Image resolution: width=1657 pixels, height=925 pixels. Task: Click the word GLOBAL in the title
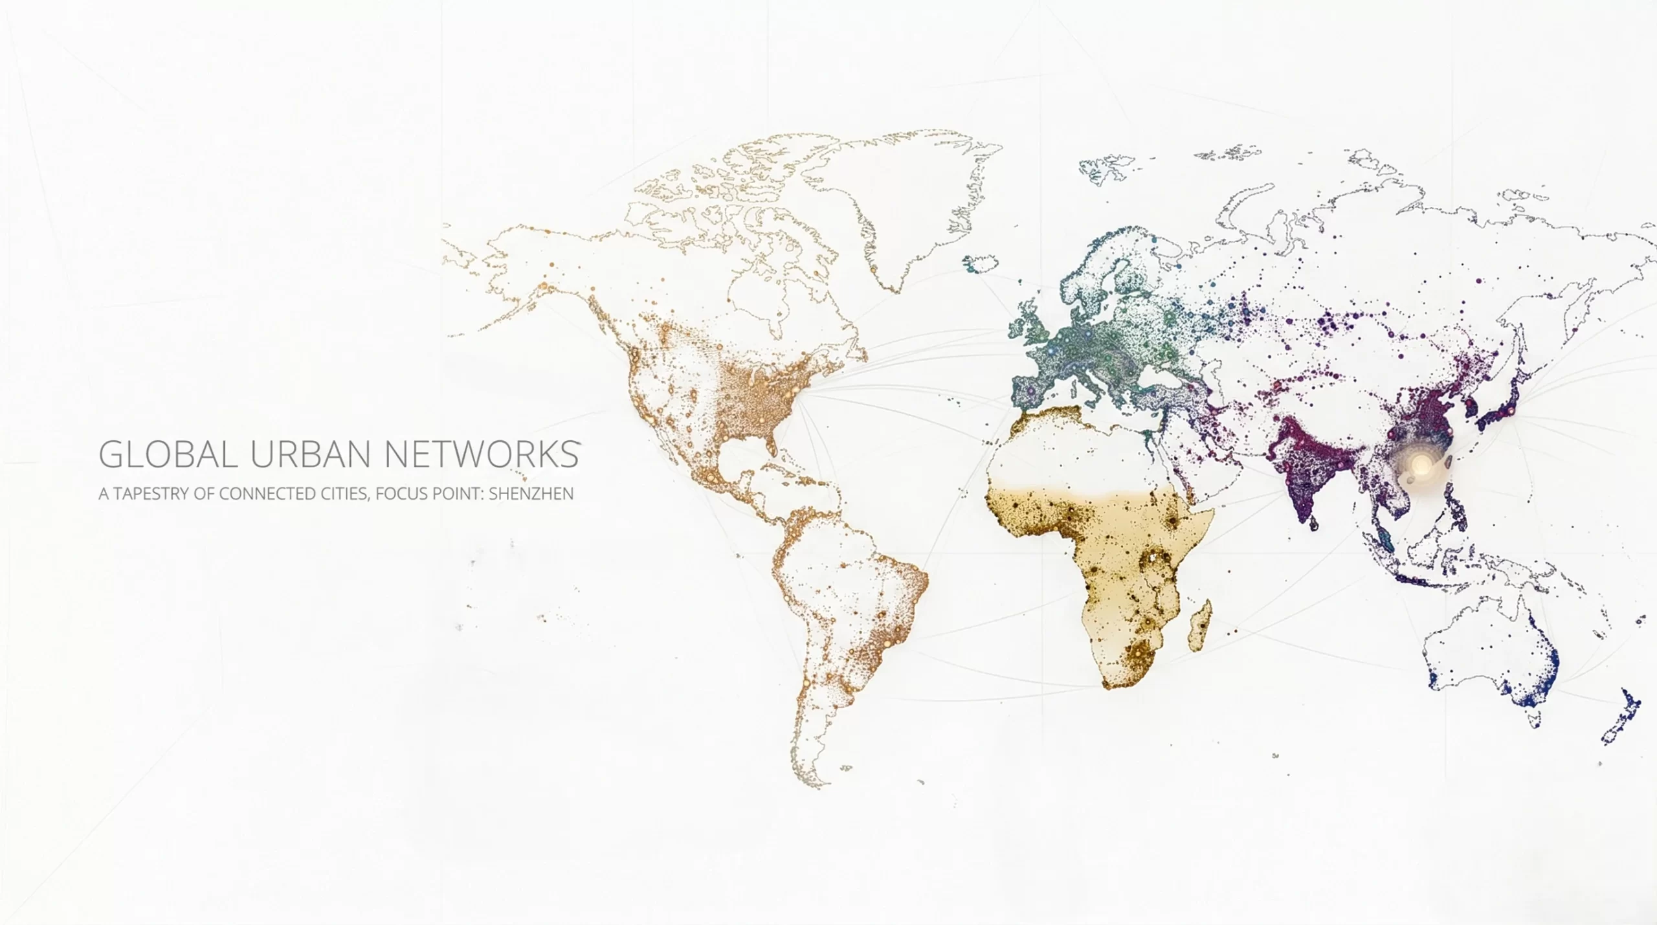click(x=168, y=454)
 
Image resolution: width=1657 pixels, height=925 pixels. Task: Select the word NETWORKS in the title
click(x=482, y=454)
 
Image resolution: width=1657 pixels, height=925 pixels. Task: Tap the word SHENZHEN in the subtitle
click(x=531, y=494)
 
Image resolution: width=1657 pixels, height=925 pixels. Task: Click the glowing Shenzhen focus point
click(x=1421, y=464)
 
